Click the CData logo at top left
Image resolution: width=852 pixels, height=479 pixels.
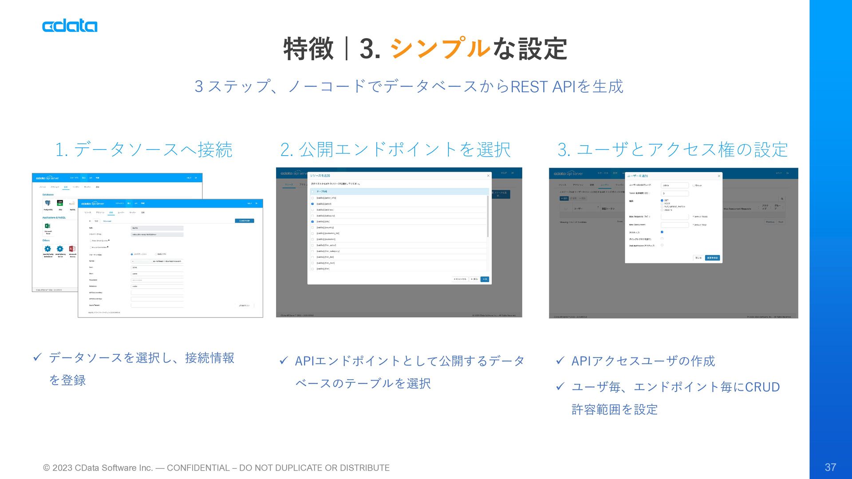pyautogui.click(x=70, y=26)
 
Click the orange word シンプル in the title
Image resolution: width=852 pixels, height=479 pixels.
pyautogui.click(x=440, y=48)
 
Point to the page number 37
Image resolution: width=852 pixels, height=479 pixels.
pyautogui.click(x=830, y=467)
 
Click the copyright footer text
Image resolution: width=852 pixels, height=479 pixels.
pyautogui.click(x=216, y=468)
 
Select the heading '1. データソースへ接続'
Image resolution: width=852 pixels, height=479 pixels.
pyautogui.click(x=144, y=150)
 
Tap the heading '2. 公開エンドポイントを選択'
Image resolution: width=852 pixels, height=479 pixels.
pyautogui.click(x=395, y=150)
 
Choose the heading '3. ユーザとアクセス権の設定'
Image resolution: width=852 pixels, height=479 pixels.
pyautogui.click(x=672, y=150)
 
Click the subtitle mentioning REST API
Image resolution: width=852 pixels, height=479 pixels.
pyautogui.click(x=409, y=86)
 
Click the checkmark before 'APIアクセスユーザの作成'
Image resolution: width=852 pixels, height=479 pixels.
pyautogui.click(x=560, y=361)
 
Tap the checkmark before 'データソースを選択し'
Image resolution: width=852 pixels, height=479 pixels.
pyautogui.click(x=37, y=357)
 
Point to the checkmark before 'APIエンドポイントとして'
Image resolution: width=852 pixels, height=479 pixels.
pyautogui.click(x=284, y=361)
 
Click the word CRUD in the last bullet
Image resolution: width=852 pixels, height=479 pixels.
pyautogui.click(x=762, y=387)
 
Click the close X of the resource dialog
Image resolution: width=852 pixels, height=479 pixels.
pyautogui.click(x=488, y=176)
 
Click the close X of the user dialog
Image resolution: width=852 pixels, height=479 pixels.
pyautogui.click(x=719, y=176)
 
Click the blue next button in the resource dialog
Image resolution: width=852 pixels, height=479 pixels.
pyautogui.click(x=485, y=279)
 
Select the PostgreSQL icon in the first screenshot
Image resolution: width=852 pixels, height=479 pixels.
pyautogui.click(x=47, y=204)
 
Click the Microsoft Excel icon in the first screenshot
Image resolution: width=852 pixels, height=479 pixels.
pyautogui.click(x=47, y=226)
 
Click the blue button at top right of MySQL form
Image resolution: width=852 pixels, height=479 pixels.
pyautogui.click(x=245, y=220)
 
